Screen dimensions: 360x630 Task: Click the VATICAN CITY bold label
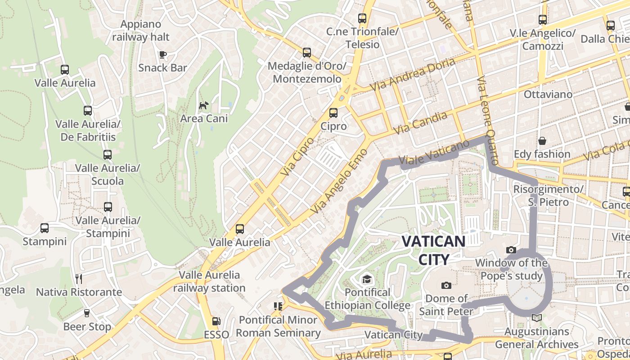coord(433,250)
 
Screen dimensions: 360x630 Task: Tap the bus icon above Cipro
coord(333,113)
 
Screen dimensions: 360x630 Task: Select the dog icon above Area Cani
coord(204,106)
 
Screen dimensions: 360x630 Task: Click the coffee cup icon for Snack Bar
coord(162,55)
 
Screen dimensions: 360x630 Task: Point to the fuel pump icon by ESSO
coord(216,321)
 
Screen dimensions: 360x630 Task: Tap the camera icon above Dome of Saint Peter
coord(446,285)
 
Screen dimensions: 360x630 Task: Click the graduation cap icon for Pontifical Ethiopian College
coord(367,279)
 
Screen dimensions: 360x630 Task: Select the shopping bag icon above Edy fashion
coord(542,141)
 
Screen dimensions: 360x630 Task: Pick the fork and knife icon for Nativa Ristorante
coord(79,279)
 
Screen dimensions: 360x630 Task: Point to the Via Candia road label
coord(421,122)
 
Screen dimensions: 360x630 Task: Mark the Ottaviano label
coord(548,94)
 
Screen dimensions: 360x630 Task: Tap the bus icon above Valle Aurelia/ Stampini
coord(108,207)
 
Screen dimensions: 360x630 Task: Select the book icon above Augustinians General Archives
coord(537,318)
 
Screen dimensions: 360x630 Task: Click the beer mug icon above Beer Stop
coord(87,313)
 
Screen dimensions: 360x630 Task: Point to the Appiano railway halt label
coord(141,31)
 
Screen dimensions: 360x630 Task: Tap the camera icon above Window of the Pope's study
coord(511,250)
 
